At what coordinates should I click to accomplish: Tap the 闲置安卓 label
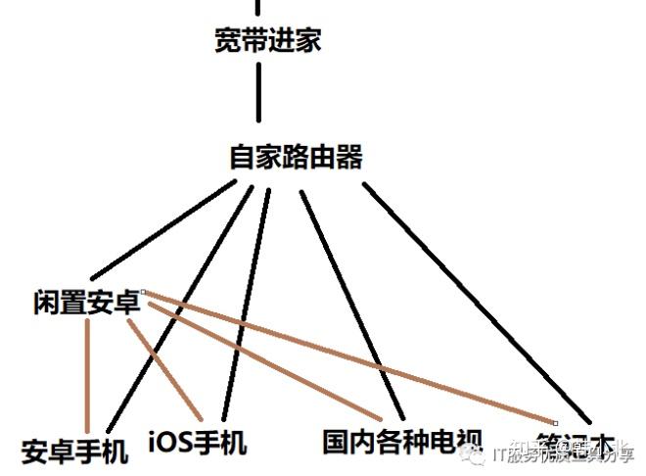point(86,303)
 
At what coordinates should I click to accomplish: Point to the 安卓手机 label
point(74,452)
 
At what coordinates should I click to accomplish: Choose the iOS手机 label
point(198,442)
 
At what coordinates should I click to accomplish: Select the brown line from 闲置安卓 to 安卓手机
point(88,372)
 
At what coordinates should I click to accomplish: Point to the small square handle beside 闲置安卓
point(143,291)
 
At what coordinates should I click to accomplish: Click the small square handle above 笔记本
point(555,422)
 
